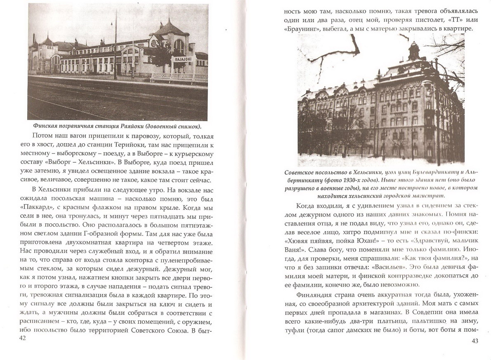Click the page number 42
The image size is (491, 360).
coord(22,338)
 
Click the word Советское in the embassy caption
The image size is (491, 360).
coord(297,172)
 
